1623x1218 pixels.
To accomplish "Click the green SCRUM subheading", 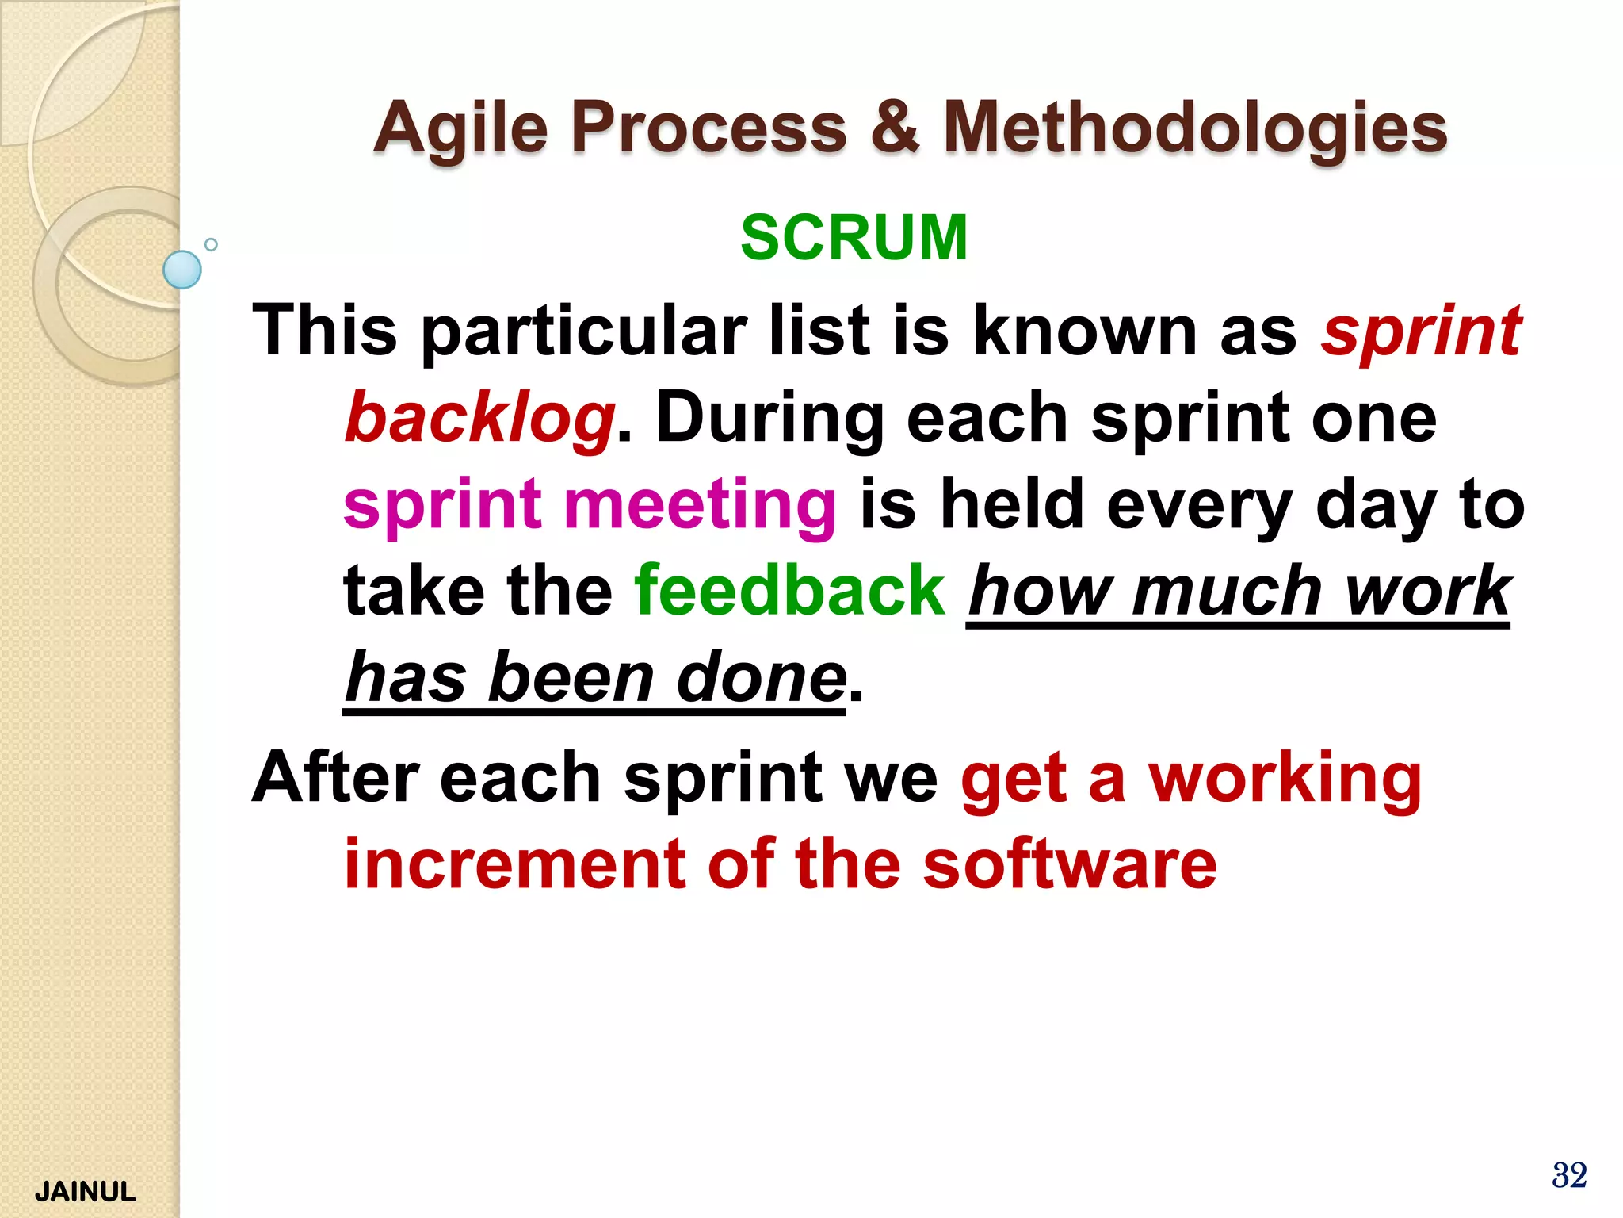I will coord(854,237).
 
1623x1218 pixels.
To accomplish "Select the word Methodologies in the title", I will coord(1195,128).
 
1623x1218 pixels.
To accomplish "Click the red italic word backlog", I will coord(480,419).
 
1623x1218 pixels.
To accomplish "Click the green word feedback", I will coord(790,590).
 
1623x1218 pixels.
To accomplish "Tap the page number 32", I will coord(1569,1175).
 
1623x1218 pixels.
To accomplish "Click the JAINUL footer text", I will coord(86,1191).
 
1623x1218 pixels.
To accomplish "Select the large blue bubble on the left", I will coord(182,270).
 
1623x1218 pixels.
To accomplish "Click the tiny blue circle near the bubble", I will coord(211,244).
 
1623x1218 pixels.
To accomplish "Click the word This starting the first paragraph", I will coord(325,330).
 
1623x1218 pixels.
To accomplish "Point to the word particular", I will coord(584,331).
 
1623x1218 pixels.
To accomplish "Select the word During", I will coord(769,419).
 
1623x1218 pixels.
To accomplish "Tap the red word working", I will coord(1285,779).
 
